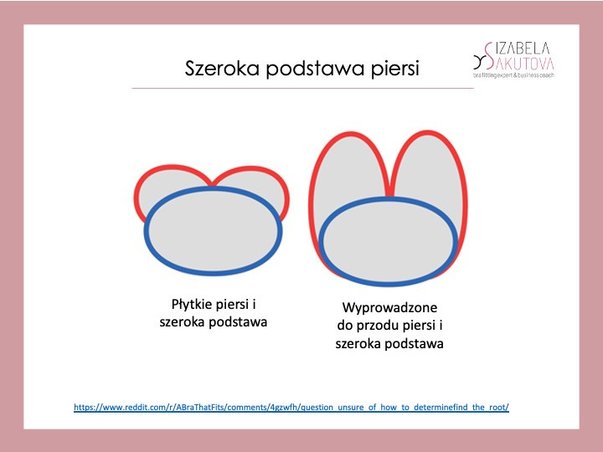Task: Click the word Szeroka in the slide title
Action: [x=222, y=69]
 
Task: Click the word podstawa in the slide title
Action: [x=316, y=69]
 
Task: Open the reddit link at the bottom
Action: [x=291, y=408]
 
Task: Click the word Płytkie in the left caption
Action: [x=191, y=305]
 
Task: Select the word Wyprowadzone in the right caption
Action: [x=389, y=308]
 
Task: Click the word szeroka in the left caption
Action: [x=183, y=322]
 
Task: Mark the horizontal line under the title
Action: [x=302, y=88]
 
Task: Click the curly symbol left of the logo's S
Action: [x=479, y=61]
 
